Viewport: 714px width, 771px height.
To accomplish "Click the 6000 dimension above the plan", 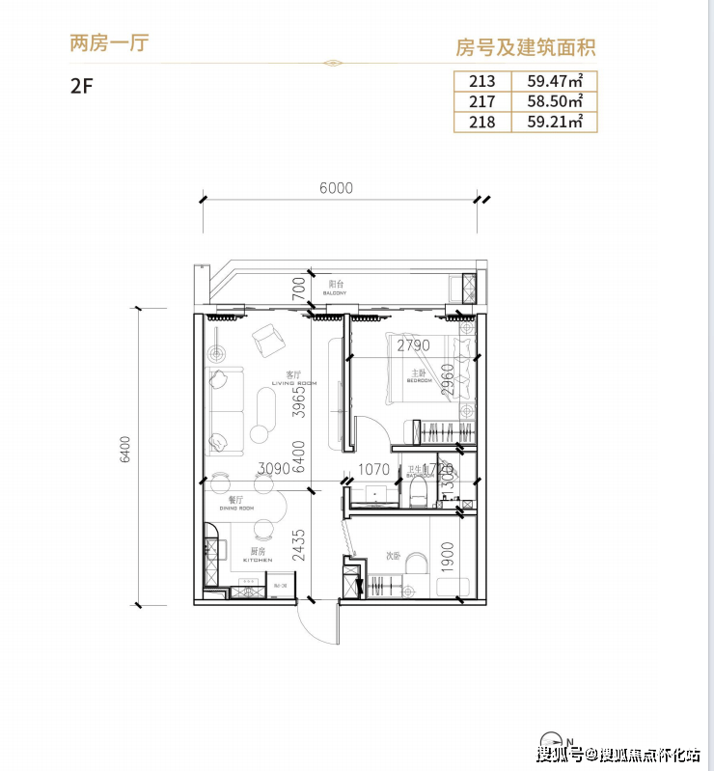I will tap(336, 189).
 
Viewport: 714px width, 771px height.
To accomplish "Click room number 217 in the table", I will tap(481, 101).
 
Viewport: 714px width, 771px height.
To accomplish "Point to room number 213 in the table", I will tap(481, 81).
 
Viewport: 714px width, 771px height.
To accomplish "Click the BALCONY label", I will tap(336, 290).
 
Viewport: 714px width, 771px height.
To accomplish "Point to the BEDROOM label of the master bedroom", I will tap(419, 381).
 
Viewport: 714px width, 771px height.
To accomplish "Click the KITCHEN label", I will tap(258, 560).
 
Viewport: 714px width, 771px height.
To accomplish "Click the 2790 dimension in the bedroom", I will tap(413, 345).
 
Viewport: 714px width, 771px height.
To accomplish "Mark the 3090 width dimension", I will tap(273, 470).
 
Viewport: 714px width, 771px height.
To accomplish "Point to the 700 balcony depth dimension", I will tap(299, 286).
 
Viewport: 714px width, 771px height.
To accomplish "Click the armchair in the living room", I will tap(266, 340).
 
